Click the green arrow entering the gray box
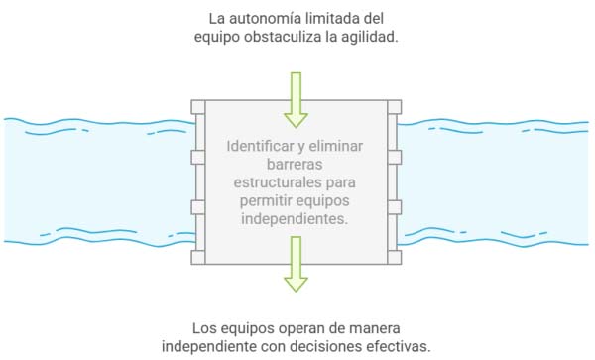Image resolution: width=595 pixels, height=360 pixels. coord(296,100)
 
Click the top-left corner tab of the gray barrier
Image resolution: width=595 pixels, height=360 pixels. coord(196,105)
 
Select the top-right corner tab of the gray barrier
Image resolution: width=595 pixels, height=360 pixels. coord(395,105)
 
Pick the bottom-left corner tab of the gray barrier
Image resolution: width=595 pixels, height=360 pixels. coord(196,257)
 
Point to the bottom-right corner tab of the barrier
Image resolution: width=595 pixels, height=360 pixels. coord(395,257)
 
